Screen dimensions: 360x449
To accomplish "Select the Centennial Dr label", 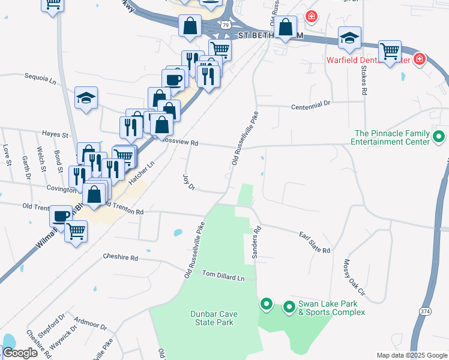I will [310, 104].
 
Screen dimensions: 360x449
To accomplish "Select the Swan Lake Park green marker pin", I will [289, 307].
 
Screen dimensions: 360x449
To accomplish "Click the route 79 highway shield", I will [224, 25].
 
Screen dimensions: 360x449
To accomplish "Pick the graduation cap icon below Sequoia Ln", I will [86, 98].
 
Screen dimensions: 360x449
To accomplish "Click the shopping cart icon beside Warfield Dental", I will [390, 51].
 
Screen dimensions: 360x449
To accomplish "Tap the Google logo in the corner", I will [20, 353].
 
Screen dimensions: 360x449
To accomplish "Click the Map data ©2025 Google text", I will [411, 355].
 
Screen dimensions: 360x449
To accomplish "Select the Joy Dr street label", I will [189, 182].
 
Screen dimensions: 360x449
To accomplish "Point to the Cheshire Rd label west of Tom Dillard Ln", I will [120, 258].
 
